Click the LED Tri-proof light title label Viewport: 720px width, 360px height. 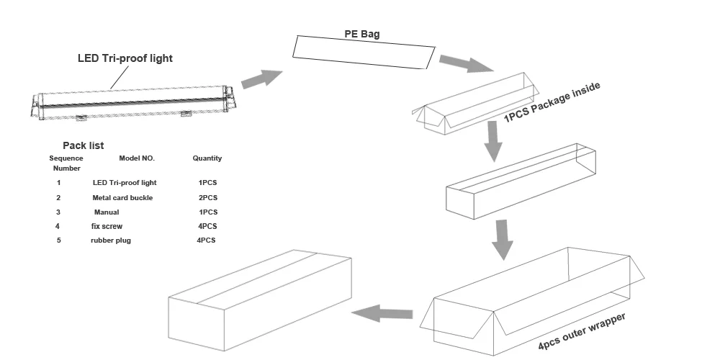(x=125, y=58)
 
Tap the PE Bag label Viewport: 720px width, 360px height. (x=362, y=34)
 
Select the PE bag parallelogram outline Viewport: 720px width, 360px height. (x=364, y=53)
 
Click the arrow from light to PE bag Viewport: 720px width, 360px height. (x=262, y=79)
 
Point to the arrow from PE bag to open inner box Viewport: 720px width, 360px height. (x=466, y=63)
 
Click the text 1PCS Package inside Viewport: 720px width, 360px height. (x=552, y=102)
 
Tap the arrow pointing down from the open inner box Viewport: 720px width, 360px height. (x=493, y=141)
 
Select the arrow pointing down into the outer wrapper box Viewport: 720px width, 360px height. (x=503, y=240)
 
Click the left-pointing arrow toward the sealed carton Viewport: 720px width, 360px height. (x=382, y=313)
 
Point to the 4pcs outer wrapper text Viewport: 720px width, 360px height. (x=582, y=331)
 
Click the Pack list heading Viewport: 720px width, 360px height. (x=83, y=145)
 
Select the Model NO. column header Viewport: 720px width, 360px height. (x=137, y=158)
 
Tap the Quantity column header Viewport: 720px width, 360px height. (x=207, y=158)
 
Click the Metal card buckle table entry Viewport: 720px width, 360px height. (x=122, y=198)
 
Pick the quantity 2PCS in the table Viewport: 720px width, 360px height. (x=208, y=198)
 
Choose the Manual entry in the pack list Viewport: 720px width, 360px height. (x=107, y=212)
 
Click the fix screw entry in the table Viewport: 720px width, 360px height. (x=107, y=226)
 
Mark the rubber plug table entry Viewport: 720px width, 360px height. (x=111, y=240)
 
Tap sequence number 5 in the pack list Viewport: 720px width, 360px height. (x=58, y=240)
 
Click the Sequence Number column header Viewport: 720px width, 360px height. (x=66, y=163)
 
